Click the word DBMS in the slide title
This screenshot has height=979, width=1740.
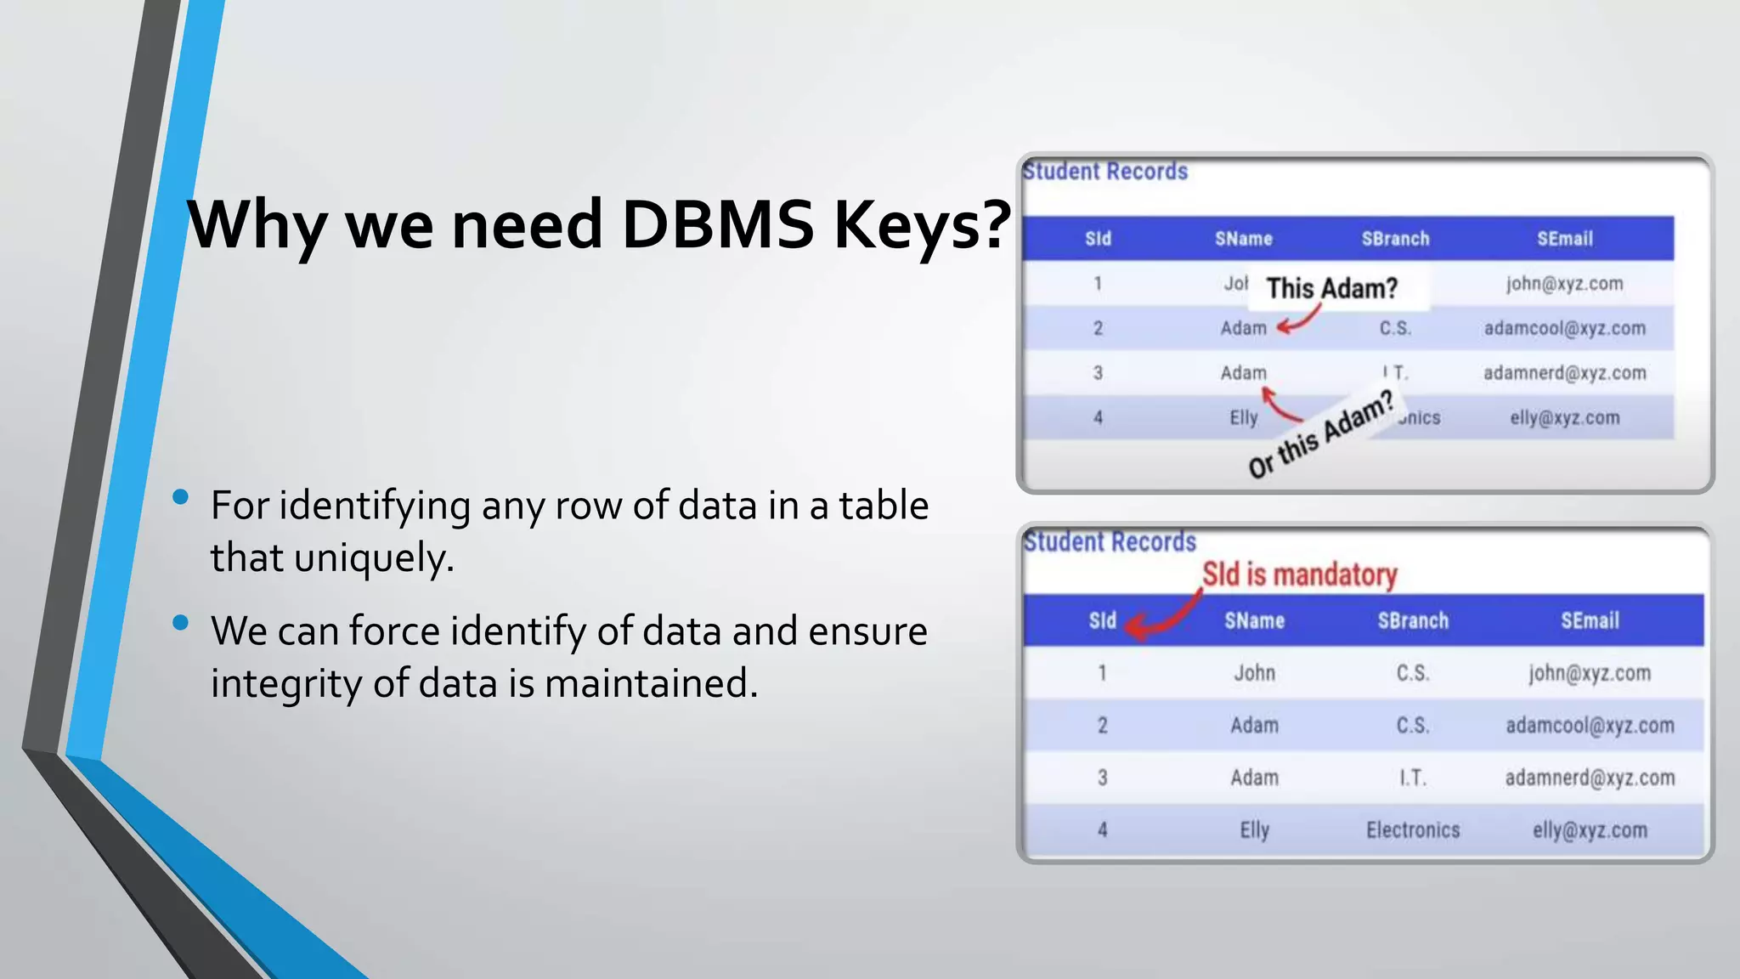[x=718, y=224]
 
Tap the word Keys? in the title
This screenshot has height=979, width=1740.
[x=923, y=226]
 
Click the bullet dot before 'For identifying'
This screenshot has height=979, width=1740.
[x=180, y=497]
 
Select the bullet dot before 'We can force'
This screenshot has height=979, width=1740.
[x=180, y=623]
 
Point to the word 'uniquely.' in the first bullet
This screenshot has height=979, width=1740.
[x=374, y=558]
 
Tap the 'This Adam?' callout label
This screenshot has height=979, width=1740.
[x=1331, y=288]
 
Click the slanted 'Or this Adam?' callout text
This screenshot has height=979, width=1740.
[x=1321, y=434]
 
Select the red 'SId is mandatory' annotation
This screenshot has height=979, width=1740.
[x=1299, y=574]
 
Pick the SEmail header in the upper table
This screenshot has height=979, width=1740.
[x=1564, y=239]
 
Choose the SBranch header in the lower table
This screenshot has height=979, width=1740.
[x=1413, y=621]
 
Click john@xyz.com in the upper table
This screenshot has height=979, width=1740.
[x=1564, y=284]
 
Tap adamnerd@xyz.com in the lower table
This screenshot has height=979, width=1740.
[x=1590, y=778]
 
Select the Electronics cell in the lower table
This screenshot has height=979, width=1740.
[x=1413, y=830]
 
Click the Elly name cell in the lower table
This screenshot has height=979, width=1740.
[x=1254, y=830]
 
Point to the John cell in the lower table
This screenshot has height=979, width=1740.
[x=1254, y=673]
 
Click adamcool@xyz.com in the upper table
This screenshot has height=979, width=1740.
[x=1564, y=328]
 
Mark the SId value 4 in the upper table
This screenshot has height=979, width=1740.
[x=1098, y=417]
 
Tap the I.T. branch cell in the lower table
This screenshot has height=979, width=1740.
[x=1413, y=778]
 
